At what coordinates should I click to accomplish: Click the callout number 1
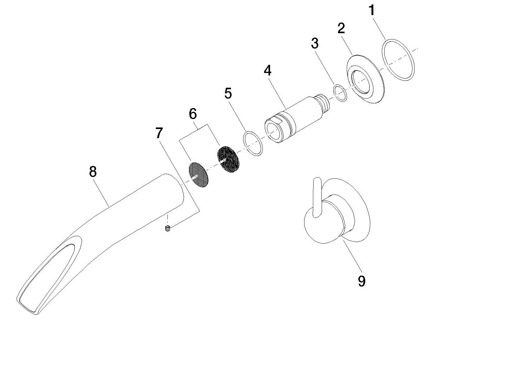click(372, 11)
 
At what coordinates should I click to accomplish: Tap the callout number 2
click(341, 28)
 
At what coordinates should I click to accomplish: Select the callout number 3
click(315, 43)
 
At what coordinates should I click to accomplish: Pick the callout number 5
click(228, 93)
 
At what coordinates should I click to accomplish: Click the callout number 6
click(193, 114)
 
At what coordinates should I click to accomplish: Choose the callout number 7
click(159, 133)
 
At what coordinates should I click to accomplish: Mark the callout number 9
click(361, 281)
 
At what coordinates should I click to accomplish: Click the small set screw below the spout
click(167, 228)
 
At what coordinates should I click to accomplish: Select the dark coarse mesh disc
click(228, 160)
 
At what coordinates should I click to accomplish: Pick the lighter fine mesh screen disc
click(199, 174)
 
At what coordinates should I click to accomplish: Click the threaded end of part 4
click(324, 103)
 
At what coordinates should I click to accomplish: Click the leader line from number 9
click(352, 257)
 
